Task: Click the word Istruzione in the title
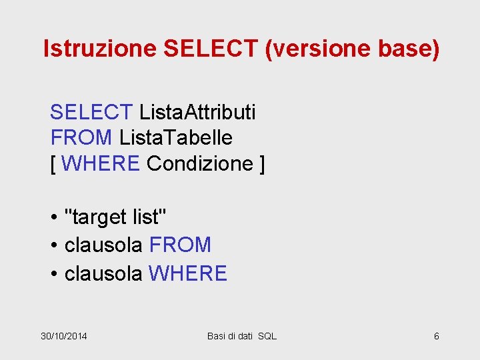click(99, 49)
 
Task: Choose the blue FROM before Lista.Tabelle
click(81, 138)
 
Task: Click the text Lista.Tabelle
click(176, 138)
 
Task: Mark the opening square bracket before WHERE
click(53, 164)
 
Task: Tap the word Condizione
click(200, 164)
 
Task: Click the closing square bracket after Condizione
click(262, 164)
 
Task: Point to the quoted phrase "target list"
click(116, 217)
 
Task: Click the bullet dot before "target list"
click(54, 217)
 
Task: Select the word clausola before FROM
click(103, 245)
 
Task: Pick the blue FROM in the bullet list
click(180, 245)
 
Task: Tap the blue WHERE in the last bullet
click(188, 273)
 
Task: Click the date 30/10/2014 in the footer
click(64, 336)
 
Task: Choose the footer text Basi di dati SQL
click(241, 336)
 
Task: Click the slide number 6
click(437, 336)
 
